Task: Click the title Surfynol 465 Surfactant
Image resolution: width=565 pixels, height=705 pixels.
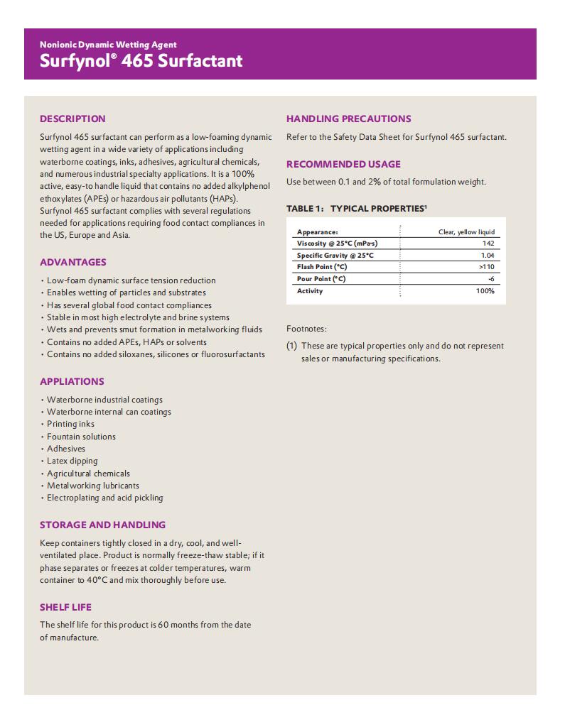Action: click(x=141, y=61)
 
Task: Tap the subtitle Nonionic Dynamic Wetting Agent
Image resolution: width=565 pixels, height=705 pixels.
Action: click(x=108, y=45)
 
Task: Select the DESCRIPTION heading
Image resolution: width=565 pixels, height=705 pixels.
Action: click(x=72, y=119)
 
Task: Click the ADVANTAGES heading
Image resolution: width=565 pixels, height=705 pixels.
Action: click(x=73, y=262)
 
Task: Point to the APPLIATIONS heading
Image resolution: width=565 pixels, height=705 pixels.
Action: click(x=72, y=381)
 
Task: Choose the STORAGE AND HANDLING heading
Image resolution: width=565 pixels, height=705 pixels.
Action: click(x=102, y=525)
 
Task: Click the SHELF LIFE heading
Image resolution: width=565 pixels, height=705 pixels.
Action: click(x=65, y=607)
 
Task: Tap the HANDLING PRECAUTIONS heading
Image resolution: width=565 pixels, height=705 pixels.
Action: click(x=348, y=119)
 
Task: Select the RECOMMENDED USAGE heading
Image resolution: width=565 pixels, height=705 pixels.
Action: click(x=343, y=164)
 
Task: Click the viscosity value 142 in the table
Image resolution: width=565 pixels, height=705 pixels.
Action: click(x=488, y=244)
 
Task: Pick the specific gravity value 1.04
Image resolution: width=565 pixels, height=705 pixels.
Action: click(x=488, y=256)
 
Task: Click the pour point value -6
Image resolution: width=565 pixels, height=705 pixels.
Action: click(x=490, y=279)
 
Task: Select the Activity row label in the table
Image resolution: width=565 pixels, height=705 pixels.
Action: click(x=310, y=291)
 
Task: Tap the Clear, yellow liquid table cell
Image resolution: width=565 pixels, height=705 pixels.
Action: click(x=466, y=232)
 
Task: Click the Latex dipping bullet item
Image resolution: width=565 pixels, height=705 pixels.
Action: click(x=72, y=461)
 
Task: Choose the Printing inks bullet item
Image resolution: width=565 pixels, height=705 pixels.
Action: click(x=70, y=424)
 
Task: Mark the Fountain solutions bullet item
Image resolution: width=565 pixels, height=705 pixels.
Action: click(x=81, y=437)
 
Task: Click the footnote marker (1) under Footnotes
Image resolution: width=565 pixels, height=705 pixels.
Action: click(x=291, y=346)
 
